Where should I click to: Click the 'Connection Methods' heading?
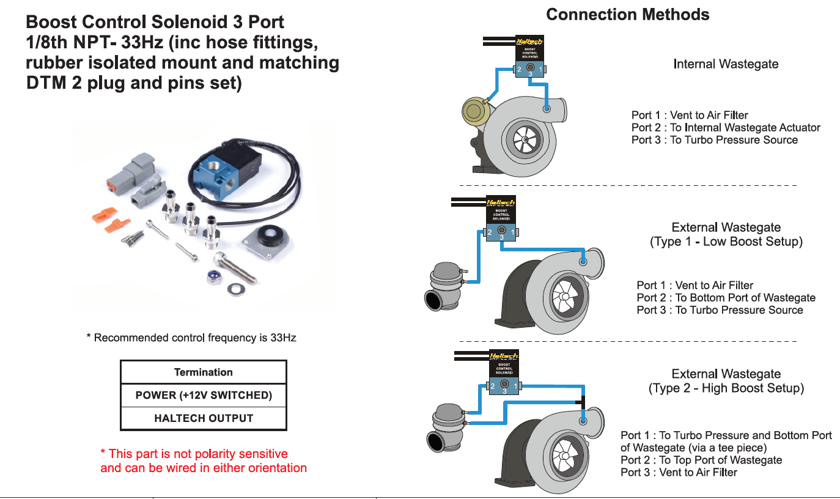pos(627,15)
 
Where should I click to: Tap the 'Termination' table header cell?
pos(204,372)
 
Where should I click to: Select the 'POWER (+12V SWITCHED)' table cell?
pos(204,395)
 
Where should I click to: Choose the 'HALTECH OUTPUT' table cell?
pos(204,418)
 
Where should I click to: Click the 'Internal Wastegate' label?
pos(726,64)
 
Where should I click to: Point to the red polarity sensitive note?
pos(203,461)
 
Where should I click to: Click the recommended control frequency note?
pos(191,338)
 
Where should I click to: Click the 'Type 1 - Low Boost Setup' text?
pos(726,242)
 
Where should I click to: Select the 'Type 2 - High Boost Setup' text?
pos(726,388)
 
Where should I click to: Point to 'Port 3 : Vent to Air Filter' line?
pos(679,473)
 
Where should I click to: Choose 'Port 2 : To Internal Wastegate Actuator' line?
pos(726,128)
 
